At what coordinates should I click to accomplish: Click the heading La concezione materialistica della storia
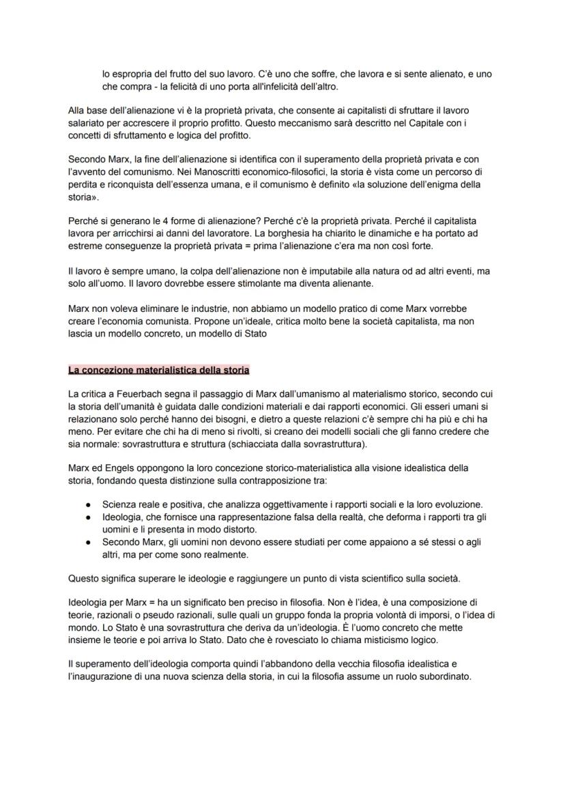tap(158, 370)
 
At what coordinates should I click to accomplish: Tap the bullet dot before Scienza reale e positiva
tap(89, 504)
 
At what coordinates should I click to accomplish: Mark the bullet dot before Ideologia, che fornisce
tap(89, 517)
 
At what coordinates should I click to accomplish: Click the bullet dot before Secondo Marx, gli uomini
tap(89, 541)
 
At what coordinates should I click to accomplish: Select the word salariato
tap(92, 122)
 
